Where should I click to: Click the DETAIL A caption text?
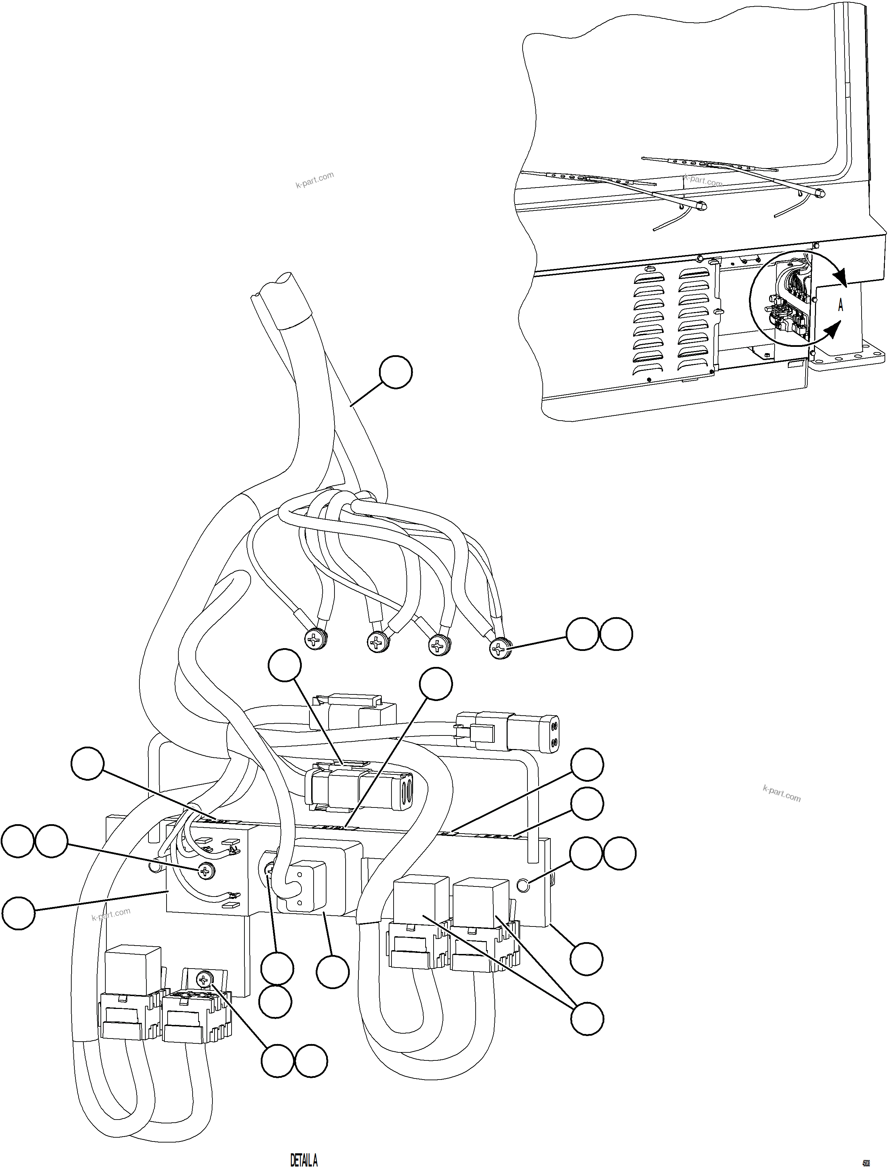[304, 1159]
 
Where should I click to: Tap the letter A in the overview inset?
[840, 305]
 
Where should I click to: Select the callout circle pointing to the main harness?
[395, 372]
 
